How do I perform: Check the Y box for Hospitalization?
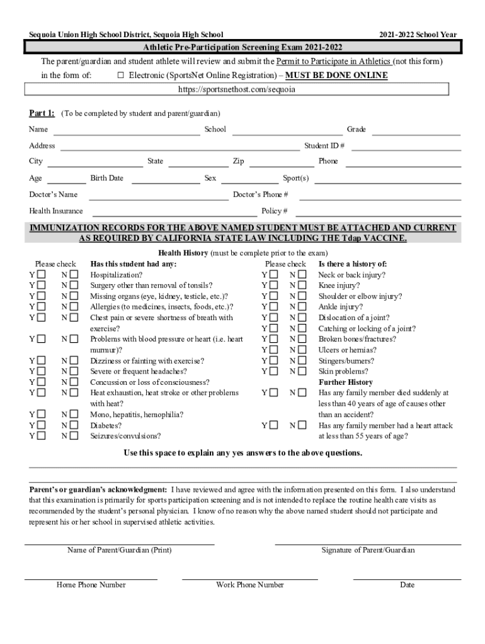[42, 275]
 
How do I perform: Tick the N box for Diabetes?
[74, 425]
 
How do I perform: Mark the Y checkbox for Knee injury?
[273, 286]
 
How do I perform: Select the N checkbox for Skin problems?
[302, 372]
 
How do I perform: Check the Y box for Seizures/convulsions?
[42, 436]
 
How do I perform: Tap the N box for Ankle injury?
[302, 307]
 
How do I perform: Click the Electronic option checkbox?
[120, 75]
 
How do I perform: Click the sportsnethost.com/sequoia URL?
[236, 89]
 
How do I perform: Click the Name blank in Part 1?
[127, 132]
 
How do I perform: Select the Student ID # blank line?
[405, 148]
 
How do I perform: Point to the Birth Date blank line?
[164, 180]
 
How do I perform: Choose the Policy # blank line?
[378, 214]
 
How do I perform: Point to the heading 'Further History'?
[345, 382]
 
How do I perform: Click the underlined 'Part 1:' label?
[42, 113]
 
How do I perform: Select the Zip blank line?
[281, 164]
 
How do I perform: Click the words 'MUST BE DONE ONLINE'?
[336, 75]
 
